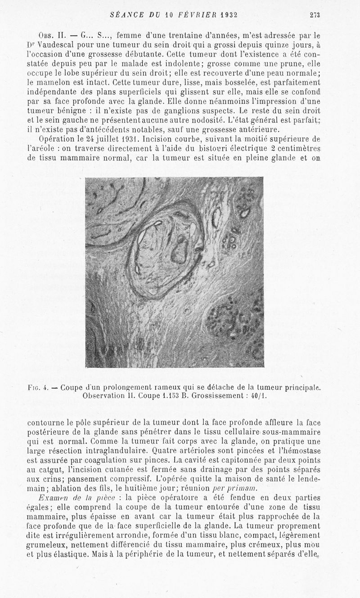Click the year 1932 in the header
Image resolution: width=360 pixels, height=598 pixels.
(x=227, y=14)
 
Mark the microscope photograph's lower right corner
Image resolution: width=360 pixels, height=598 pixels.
(x=263, y=367)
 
